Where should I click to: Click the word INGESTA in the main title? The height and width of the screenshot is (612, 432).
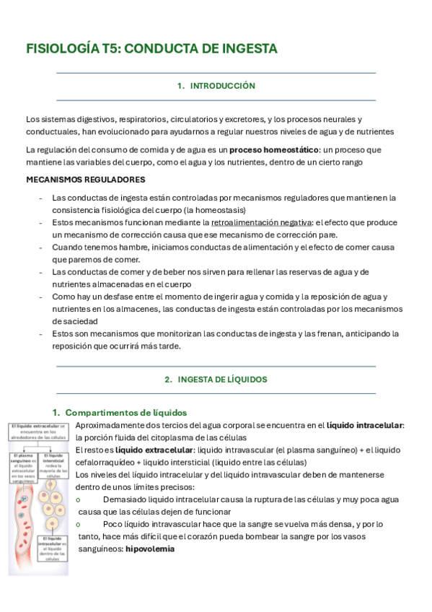point(249,49)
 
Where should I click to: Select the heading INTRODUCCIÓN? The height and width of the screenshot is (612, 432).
point(222,86)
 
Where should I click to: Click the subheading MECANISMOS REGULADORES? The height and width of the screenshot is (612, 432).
point(85,180)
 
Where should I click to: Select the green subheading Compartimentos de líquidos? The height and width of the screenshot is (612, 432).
point(126,412)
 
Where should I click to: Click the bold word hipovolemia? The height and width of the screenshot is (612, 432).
point(150,548)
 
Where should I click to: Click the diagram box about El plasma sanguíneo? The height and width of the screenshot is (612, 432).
point(24,465)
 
